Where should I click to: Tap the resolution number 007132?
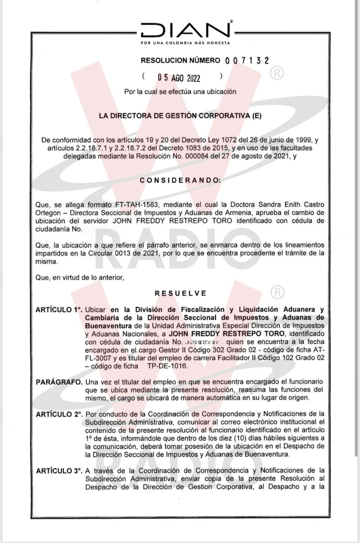point(247,60)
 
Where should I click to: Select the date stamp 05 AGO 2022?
point(179,78)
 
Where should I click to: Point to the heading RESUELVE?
point(180,293)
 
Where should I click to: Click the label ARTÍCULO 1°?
point(59,310)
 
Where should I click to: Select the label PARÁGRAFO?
point(59,382)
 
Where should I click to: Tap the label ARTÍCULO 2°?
point(59,414)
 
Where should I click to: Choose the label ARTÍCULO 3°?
point(59,471)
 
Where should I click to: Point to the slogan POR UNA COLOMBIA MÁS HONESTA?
point(185,43)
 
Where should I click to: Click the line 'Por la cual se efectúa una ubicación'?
point(180,92)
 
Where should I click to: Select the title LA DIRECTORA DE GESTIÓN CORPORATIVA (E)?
point(180,116)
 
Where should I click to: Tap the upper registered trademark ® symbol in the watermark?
point(277,73)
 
